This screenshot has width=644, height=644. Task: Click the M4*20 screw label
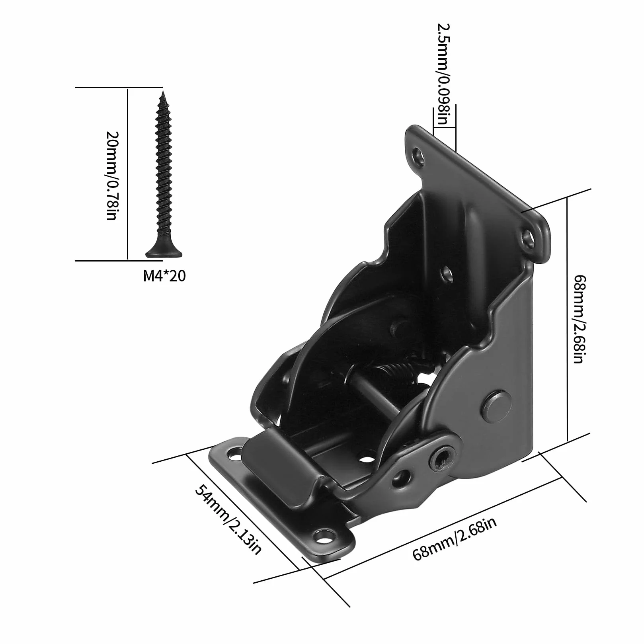click(164, 276)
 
